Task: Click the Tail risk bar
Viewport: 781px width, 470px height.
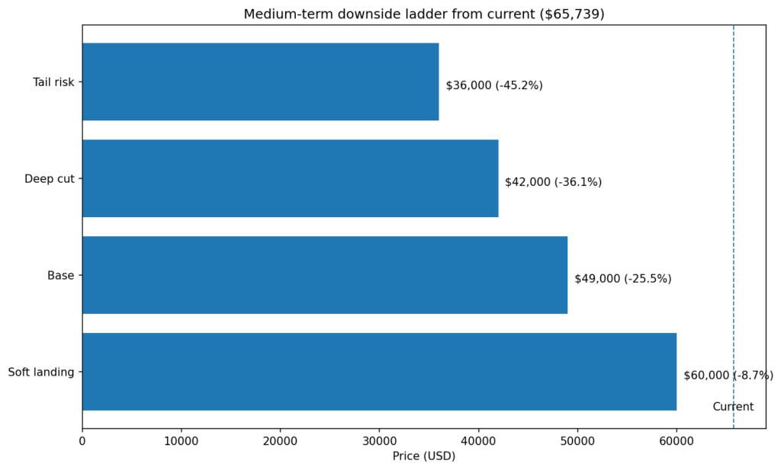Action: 260,82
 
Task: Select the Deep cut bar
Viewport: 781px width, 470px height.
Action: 290,178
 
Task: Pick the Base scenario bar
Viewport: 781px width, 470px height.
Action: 324,275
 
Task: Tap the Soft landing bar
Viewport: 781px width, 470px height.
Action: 379,372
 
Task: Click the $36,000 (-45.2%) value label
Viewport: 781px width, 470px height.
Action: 494,85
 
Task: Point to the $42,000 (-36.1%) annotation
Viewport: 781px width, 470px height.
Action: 553,182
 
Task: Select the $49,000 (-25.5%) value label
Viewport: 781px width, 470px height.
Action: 622,279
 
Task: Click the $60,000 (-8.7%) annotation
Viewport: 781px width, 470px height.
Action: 728,376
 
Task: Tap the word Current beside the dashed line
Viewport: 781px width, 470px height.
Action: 733,407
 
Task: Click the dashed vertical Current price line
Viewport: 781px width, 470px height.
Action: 734,229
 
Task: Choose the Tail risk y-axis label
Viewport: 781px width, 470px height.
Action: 53,82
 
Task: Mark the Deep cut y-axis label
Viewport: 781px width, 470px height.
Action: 49,179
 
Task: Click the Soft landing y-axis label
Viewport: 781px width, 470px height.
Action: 41,372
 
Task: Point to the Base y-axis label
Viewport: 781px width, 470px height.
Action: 60,276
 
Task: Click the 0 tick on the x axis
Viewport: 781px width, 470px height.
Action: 82,441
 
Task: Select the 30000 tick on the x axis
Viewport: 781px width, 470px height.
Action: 379,441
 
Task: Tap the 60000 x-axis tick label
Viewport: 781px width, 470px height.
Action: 677,441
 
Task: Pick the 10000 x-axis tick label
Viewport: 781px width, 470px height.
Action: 182,441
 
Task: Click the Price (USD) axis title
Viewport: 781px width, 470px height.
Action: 423,456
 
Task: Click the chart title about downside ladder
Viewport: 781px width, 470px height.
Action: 423,14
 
